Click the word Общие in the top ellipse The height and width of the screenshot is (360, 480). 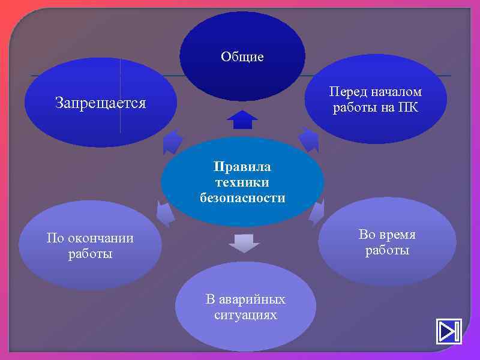click(x=242, y=57)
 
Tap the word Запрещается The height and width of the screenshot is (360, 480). click(x=100, y=103)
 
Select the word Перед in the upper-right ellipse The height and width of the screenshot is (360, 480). click(x=349, y=92)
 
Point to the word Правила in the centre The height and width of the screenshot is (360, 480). click(x=242, y=166)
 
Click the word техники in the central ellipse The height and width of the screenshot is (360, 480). click(x=242, y=182)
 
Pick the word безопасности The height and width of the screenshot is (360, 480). click(x=242, y=197)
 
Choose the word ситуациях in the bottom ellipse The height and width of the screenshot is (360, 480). click(x=245, y=314)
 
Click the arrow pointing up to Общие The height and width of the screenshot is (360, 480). click(x=242, y=119)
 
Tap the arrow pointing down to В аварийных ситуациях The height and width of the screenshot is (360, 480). click(x=244, y=242)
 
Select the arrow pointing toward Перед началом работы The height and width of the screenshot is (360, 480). click(x=310, y=140)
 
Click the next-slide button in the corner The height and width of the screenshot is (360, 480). click(x=448, y=331)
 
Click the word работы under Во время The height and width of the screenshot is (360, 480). click(x=387, y=250)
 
